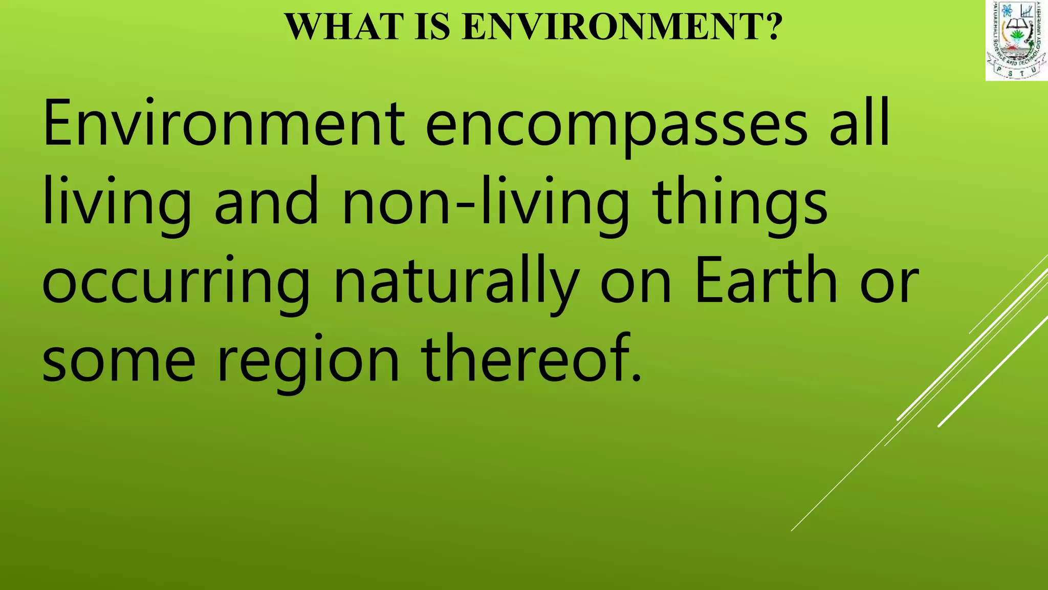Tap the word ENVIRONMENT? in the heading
622,27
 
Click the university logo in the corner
1016,41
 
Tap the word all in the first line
859,124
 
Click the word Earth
766,281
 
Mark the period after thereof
637,379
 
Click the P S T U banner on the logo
1016,73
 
